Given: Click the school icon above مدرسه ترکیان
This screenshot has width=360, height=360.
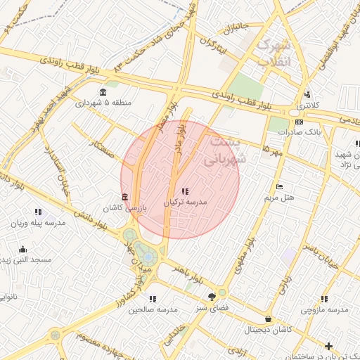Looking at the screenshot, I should point(185,191).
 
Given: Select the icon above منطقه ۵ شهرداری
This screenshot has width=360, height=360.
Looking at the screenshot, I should point(103,92).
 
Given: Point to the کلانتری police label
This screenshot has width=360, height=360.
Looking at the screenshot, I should point(307,105).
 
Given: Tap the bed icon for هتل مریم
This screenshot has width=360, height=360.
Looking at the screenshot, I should point(280,187).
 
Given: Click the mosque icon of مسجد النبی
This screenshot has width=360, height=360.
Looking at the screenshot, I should point(22,249).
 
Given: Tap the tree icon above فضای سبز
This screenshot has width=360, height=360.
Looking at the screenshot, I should point(212,297).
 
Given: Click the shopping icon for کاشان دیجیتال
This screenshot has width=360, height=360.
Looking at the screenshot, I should point(268,319).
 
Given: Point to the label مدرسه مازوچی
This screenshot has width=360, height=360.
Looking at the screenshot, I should point(325,309).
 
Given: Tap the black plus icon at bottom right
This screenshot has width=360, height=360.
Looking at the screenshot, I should point(328,345).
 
